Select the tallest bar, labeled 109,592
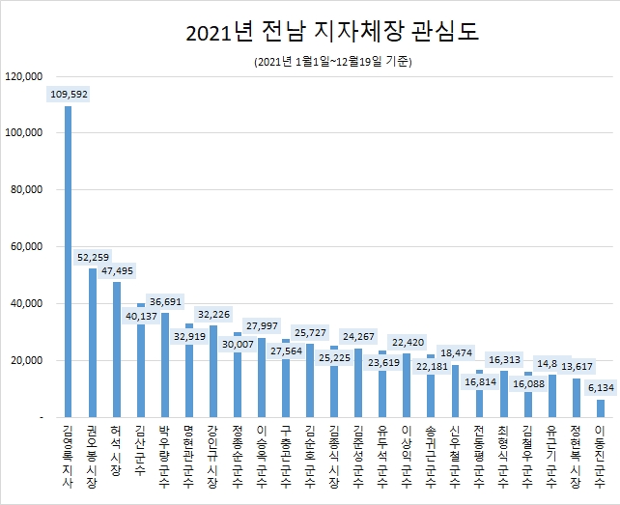tap(68, 261)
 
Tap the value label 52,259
tap(93, 258)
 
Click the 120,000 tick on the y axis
tap(24, 76)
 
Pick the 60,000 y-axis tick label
tap(27, 247)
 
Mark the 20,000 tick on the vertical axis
tap(27, 360)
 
